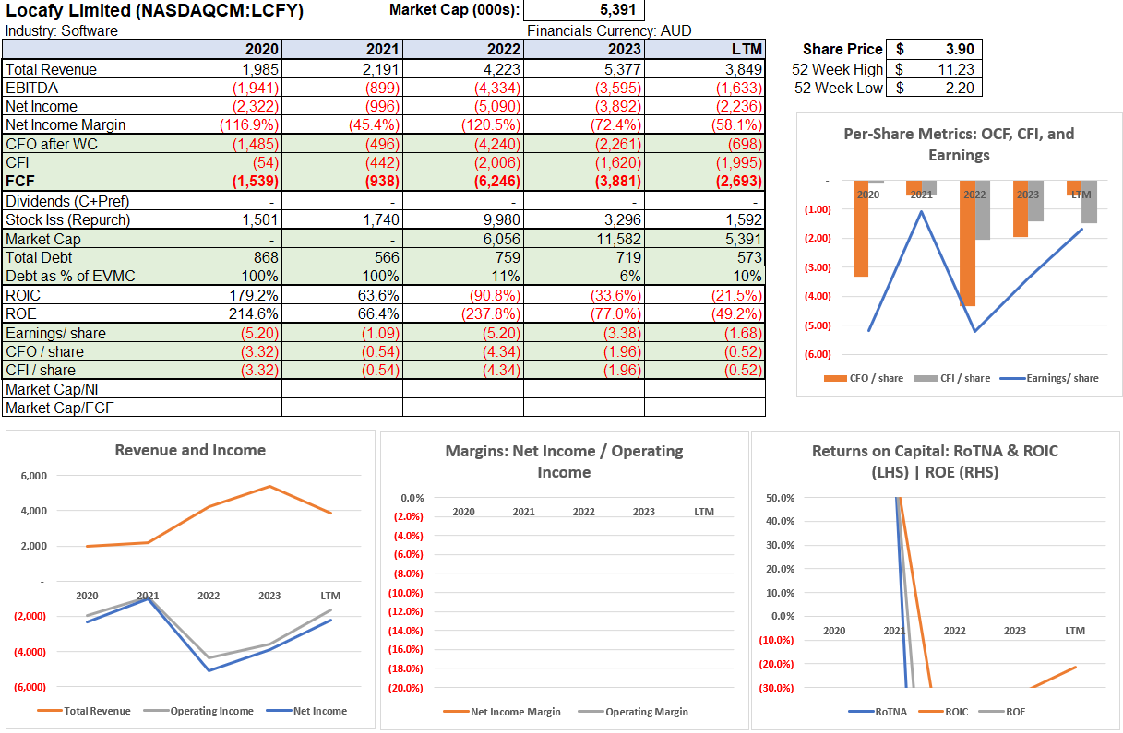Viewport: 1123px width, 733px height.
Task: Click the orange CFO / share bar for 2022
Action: click(967, 243)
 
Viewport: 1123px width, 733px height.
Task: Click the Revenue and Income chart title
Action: click(190, 450)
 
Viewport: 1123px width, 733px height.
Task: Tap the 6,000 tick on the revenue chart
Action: click(33, 476)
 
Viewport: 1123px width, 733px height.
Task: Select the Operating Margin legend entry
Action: click(646, 711)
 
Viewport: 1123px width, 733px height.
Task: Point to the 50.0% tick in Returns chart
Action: click(780, 498)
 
